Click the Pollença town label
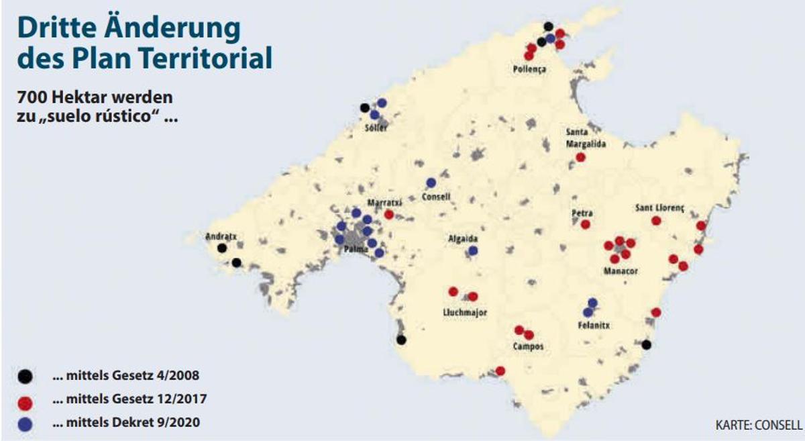(529, 69)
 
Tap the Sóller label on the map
(376, 128)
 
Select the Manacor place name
(621, 271)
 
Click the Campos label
(527, 347)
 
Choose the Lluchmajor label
(465, 312)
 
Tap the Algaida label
(463, 238)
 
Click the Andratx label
(221, 236)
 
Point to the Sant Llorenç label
(659, 208)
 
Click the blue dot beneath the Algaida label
(473, 250)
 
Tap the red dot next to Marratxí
(389, 215)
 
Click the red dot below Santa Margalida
(580, 157)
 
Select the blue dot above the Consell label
(431, 183)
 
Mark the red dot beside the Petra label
(586, 224)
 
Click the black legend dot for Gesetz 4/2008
(25, 377)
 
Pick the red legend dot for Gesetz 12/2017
(25, 401)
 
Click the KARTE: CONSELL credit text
(759, 426)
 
